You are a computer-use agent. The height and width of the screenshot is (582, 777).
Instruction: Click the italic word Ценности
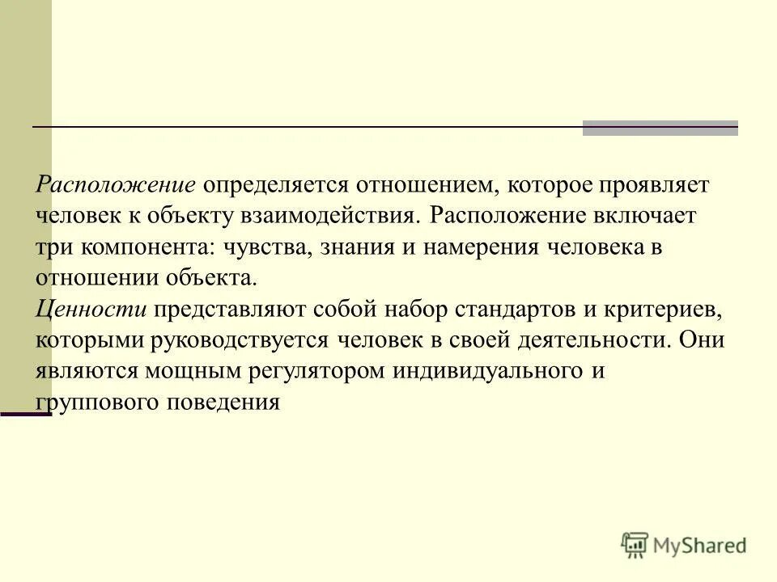[90, 309]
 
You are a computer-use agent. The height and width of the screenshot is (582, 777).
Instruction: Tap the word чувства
[257, 247]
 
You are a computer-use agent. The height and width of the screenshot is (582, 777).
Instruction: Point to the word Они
[702, 339]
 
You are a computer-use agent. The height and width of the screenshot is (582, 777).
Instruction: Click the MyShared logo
[684, 545]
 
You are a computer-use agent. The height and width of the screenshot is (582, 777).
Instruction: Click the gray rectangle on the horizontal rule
[660, 128]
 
